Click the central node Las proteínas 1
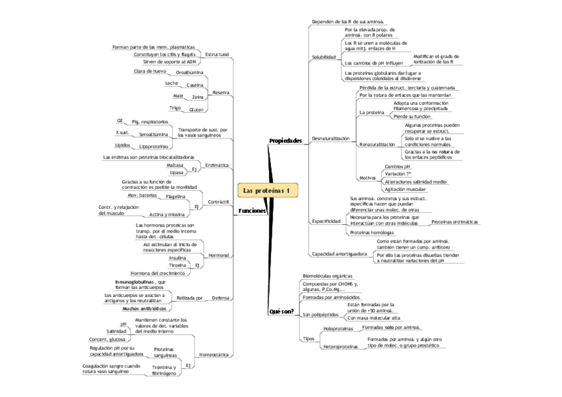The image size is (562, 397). [x=267, y=191]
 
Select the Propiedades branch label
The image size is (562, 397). [x=285, y=141]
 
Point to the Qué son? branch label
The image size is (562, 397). [x=282, y=311]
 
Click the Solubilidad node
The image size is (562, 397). [x=323, y=58]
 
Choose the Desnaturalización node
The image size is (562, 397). [x=330, y=138]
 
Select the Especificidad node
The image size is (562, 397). [x=326, y=221]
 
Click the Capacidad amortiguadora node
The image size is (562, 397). [x=339, y=254]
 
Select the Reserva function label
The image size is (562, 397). [x=221, y=92]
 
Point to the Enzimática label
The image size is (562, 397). [x=217, y=164]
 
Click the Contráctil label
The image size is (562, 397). [x=219, y=201]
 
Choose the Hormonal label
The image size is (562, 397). [x=219, y=255]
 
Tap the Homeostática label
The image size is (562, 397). [x=214, y=355]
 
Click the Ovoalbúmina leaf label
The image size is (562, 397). [x=190, y=71]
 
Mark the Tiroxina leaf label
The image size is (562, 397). [x=177, y=265]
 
